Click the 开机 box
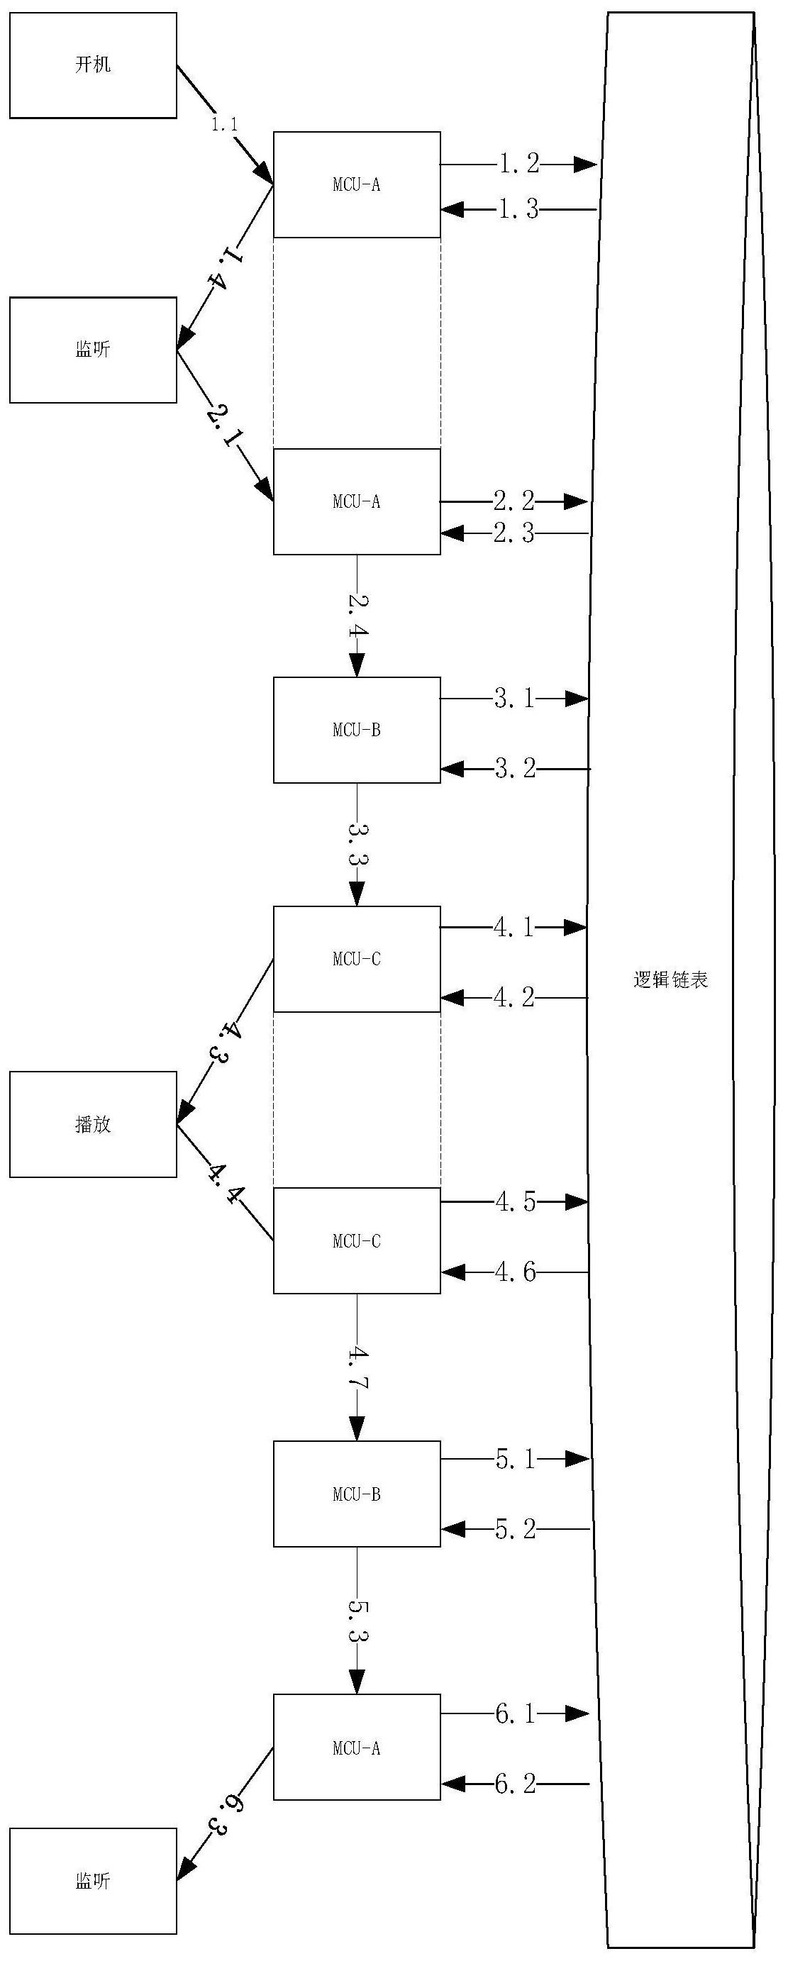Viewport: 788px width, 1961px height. pos(93,65)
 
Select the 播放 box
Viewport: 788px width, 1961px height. pos(93,1124)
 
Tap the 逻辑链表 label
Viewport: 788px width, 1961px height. pos(671,979)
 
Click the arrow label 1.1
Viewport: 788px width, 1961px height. pos(224,124)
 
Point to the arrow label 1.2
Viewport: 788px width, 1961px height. pos(518,163)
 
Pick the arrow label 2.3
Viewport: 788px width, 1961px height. pos(514,533)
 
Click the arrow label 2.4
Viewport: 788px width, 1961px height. pos(358,615)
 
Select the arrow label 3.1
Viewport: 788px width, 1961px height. pos(515,698)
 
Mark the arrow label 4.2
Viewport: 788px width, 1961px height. pos(514,996)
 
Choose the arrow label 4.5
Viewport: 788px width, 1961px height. pos(516,1202)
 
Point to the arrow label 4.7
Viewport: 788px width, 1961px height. pos(358,1368)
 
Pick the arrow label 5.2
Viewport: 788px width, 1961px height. pos(516,1528)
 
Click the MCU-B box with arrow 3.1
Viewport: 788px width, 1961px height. pos(357,730)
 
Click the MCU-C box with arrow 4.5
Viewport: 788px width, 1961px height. pos(357,1241)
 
